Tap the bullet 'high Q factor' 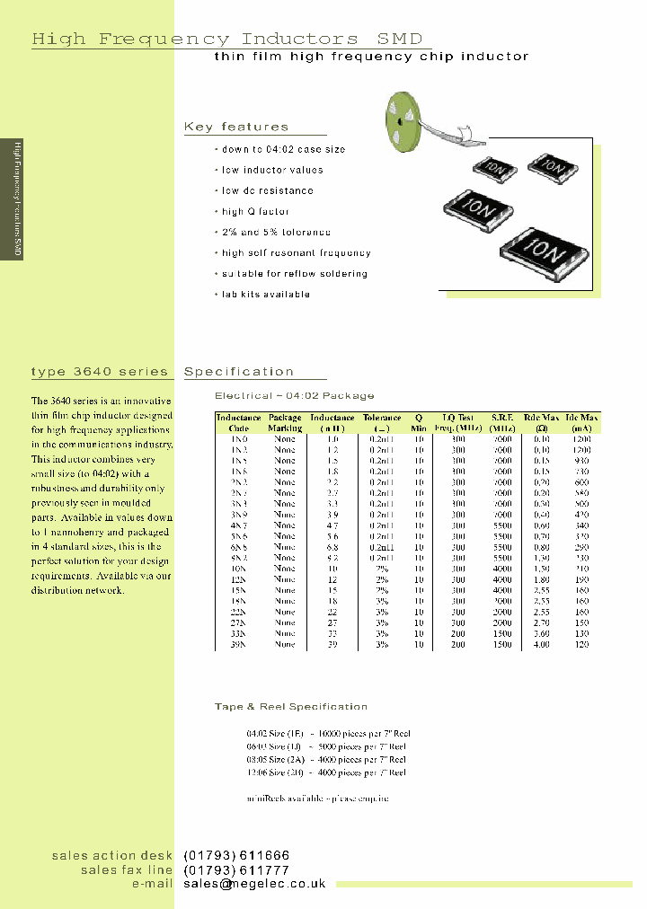coord(255,211)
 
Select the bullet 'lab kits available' coord(265,294)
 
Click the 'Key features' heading coord(236,127)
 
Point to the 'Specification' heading coord(239,371)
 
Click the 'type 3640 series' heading coord(100,371)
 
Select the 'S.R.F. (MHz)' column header coord(502,422)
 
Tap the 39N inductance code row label coord(238,644)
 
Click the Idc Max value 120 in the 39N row coord(582,644)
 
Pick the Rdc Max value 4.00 coord(542,644)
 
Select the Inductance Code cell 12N coord(238,579)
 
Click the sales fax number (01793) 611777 coord(236,869)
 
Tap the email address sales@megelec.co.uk coord(254,884)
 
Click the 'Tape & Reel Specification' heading coord(291,706)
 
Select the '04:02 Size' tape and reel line coord(326,733)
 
